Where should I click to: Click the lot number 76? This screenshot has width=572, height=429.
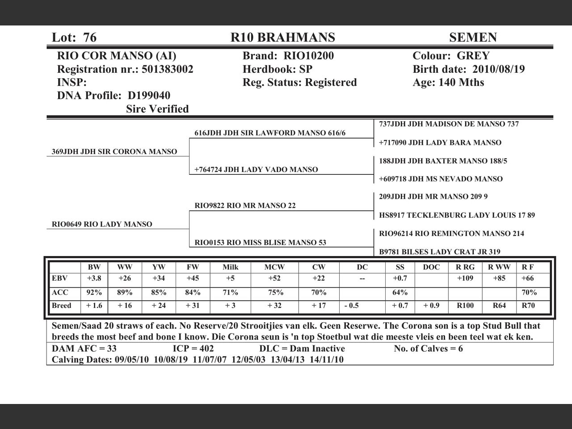point(89,38)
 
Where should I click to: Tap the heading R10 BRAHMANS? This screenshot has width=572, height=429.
point(282,38)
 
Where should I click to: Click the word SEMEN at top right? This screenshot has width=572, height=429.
point(473,38)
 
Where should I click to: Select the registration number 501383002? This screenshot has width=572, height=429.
point(168,69)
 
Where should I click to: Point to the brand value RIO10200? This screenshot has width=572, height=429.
point(309,56)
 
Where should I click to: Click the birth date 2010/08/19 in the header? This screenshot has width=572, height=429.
point(498,69)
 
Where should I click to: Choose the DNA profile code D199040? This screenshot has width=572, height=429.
point(149,96)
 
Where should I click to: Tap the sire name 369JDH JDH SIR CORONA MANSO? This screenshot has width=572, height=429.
point(114,151)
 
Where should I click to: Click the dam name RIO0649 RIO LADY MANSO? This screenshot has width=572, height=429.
point(102,224)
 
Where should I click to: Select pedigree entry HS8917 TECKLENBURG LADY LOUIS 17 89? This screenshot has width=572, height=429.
point(457,215)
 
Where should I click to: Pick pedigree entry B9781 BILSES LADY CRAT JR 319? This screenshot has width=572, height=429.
point(440,252)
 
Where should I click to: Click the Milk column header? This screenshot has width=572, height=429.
point(231,267)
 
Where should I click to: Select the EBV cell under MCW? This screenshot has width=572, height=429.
point(274,278)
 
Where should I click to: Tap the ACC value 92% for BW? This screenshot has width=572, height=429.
point(94,293)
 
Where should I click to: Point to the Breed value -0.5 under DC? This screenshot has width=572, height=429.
point(352,306)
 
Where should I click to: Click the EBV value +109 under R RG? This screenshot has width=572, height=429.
point(465,278)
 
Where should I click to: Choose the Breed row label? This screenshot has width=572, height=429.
point(62,306)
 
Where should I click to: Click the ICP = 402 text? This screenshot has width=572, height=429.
point(193,349)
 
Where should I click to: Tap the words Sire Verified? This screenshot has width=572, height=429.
point(157,109)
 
